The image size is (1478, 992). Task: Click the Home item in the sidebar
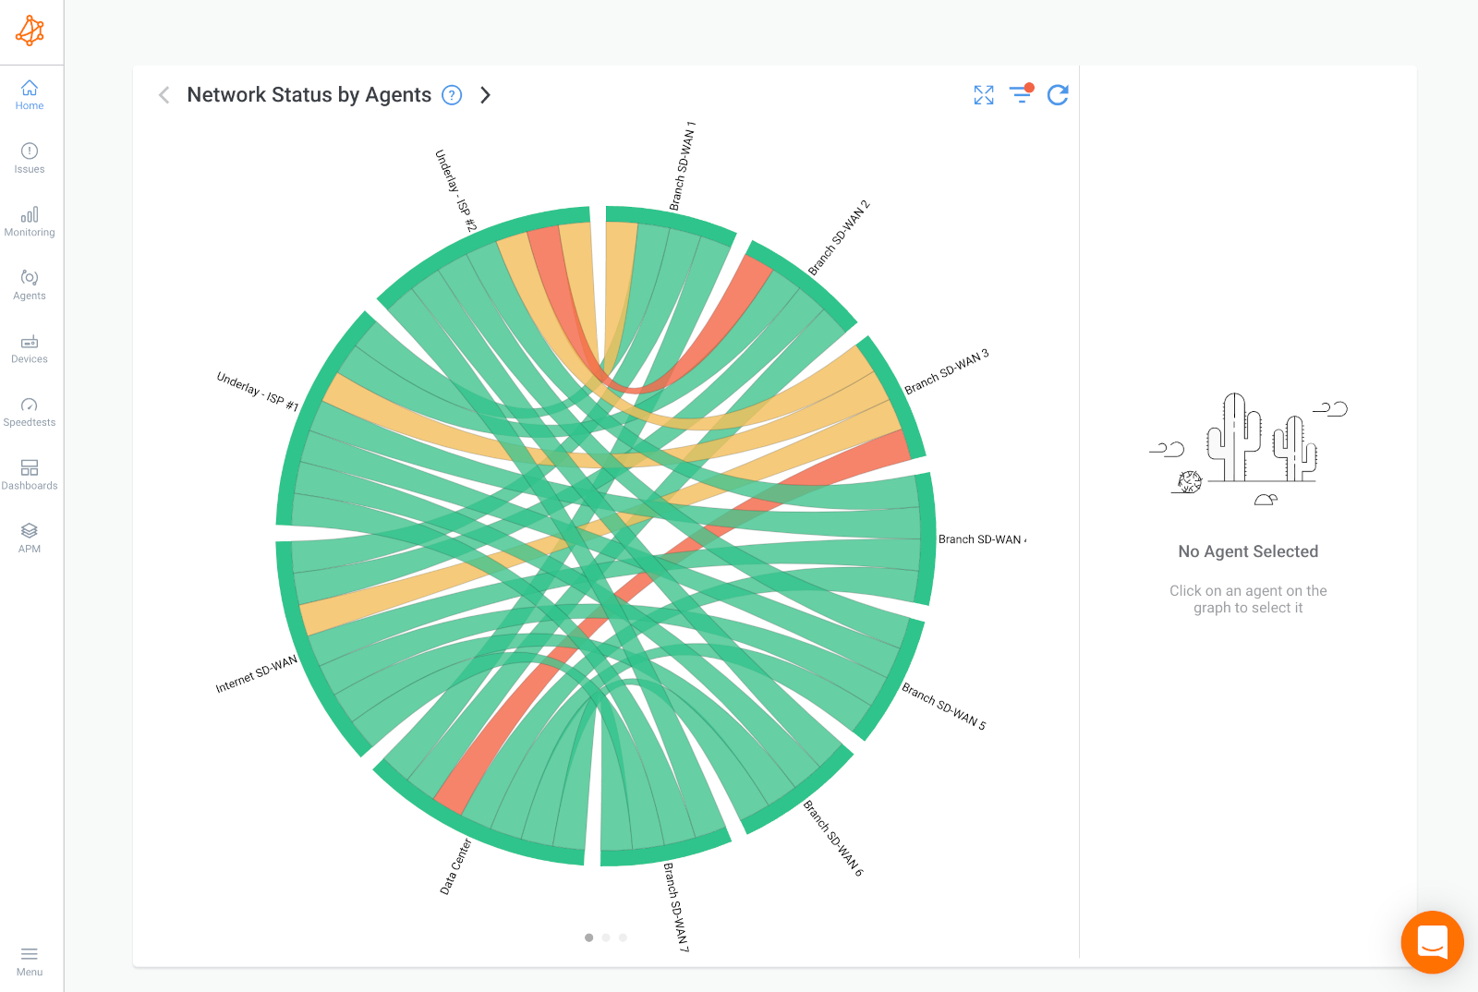[30, 94]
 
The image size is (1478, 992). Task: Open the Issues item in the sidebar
[30, 158]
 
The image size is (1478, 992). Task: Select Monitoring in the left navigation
[30, 222]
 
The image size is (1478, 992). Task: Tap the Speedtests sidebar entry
[30, 412]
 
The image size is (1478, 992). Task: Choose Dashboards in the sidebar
[30, 475]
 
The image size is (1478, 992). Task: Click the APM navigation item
[30, 538]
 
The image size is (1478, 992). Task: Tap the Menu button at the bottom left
[30, 961]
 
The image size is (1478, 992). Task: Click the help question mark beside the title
[452, 95]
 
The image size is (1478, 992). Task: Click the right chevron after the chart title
[485, 95]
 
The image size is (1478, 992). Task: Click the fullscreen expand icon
[984, 95]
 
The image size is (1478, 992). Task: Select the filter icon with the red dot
[1021, 94]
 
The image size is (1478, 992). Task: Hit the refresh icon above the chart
[1058, 95]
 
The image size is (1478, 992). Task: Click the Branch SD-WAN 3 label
[947, 371]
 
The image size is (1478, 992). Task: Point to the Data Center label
[455, 866]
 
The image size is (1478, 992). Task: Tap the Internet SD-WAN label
[257, 674]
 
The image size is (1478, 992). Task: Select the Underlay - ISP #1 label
[258, 392]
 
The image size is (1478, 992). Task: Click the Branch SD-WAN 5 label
[944, 707]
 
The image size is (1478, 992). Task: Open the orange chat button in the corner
[1432, 942]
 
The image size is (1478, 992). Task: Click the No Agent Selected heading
[1248, 551]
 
